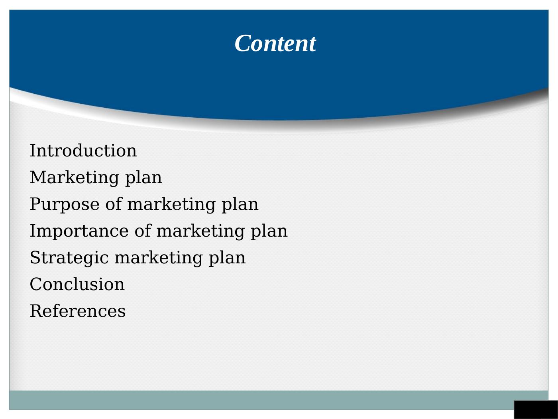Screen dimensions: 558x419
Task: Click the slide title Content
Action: (x=275, y=43)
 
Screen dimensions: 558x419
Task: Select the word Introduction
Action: (x=83, y=150)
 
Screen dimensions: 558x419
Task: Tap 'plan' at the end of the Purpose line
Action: (x=240, y=205)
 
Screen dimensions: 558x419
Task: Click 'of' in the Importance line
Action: (x=143, y=231)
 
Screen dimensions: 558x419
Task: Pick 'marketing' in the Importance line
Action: (x=201, y=232)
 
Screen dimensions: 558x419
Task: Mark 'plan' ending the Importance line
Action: (x=269, y=232)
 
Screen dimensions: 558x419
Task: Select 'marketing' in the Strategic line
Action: (x=159, y=259)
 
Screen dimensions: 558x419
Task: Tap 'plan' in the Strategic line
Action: (x=228, y=259)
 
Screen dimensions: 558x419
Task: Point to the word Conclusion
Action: (x=77, y=284)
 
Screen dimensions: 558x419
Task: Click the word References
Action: (x=78, y=311)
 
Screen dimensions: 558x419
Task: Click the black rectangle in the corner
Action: (x=536, y=409)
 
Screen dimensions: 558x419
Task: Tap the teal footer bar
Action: (x=278, y=400)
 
